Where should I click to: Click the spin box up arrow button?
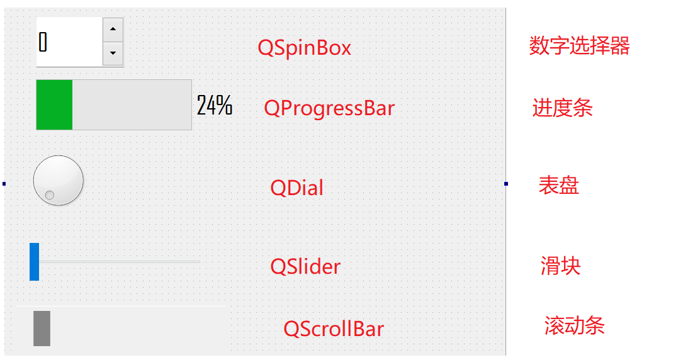pos(113,30)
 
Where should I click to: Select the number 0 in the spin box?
pos(43,42)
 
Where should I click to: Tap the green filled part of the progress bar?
pos(55,105)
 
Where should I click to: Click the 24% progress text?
pos(215,105)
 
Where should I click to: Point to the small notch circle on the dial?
pos(50,195)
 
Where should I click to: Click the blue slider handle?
pos(35,262)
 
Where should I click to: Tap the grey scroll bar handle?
pos(42,329)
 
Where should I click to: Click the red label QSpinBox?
pos(305,48)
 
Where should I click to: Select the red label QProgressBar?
pos(329,108)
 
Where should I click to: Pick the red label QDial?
pos(297,188)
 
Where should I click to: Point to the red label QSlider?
pos(305,266)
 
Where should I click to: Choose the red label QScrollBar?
pos(334,329)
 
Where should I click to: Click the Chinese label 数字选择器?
pos(580,45)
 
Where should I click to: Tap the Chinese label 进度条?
pos(563,108)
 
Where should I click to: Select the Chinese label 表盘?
pos(559,185)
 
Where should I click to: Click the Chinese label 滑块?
pos(561,266)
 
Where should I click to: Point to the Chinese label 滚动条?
pos(575,325)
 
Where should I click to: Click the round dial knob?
pos(59,181)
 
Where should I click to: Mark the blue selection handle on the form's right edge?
pos(506,184)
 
